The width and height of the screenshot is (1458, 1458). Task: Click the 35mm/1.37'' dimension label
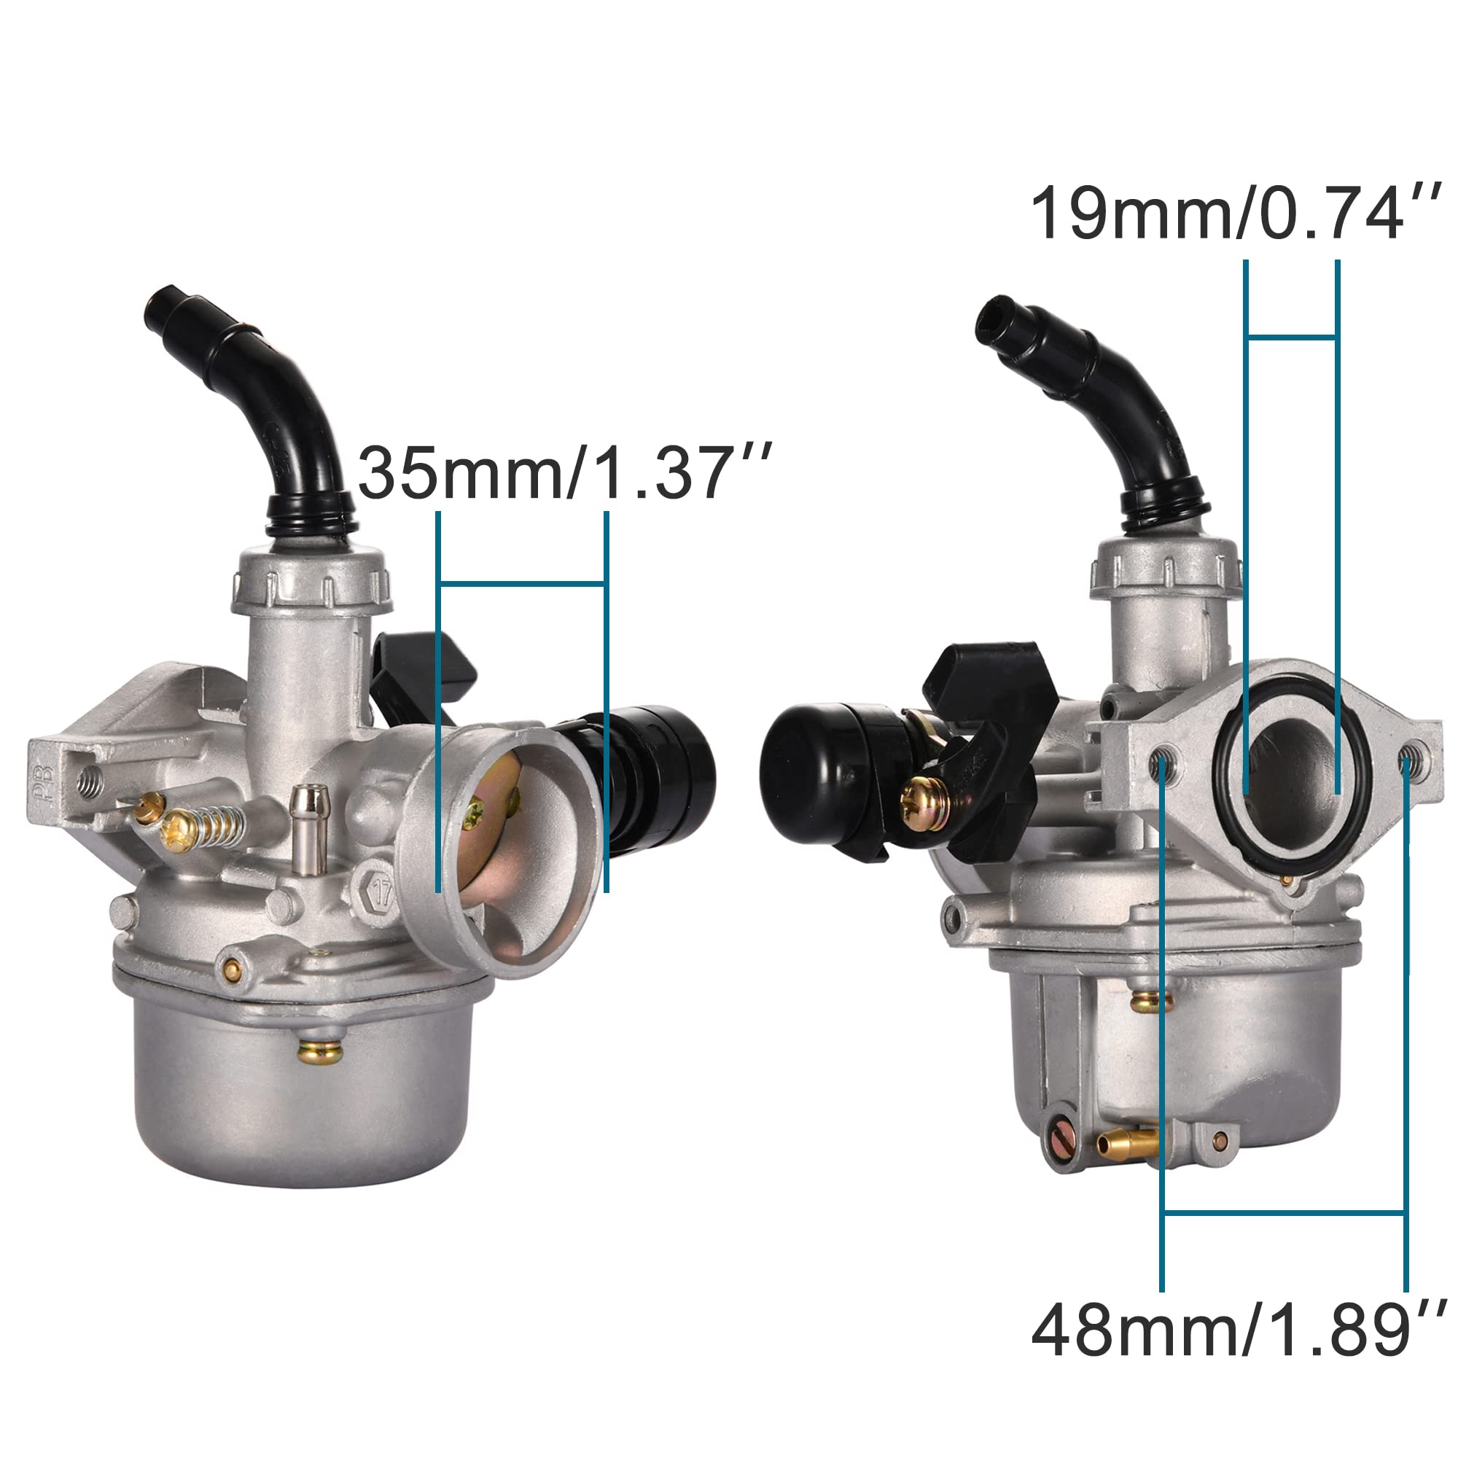coord(564,474)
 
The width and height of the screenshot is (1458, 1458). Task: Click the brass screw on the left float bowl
coord(318,1050)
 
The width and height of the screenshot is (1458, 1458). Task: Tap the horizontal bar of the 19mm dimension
coord(1292,338)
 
